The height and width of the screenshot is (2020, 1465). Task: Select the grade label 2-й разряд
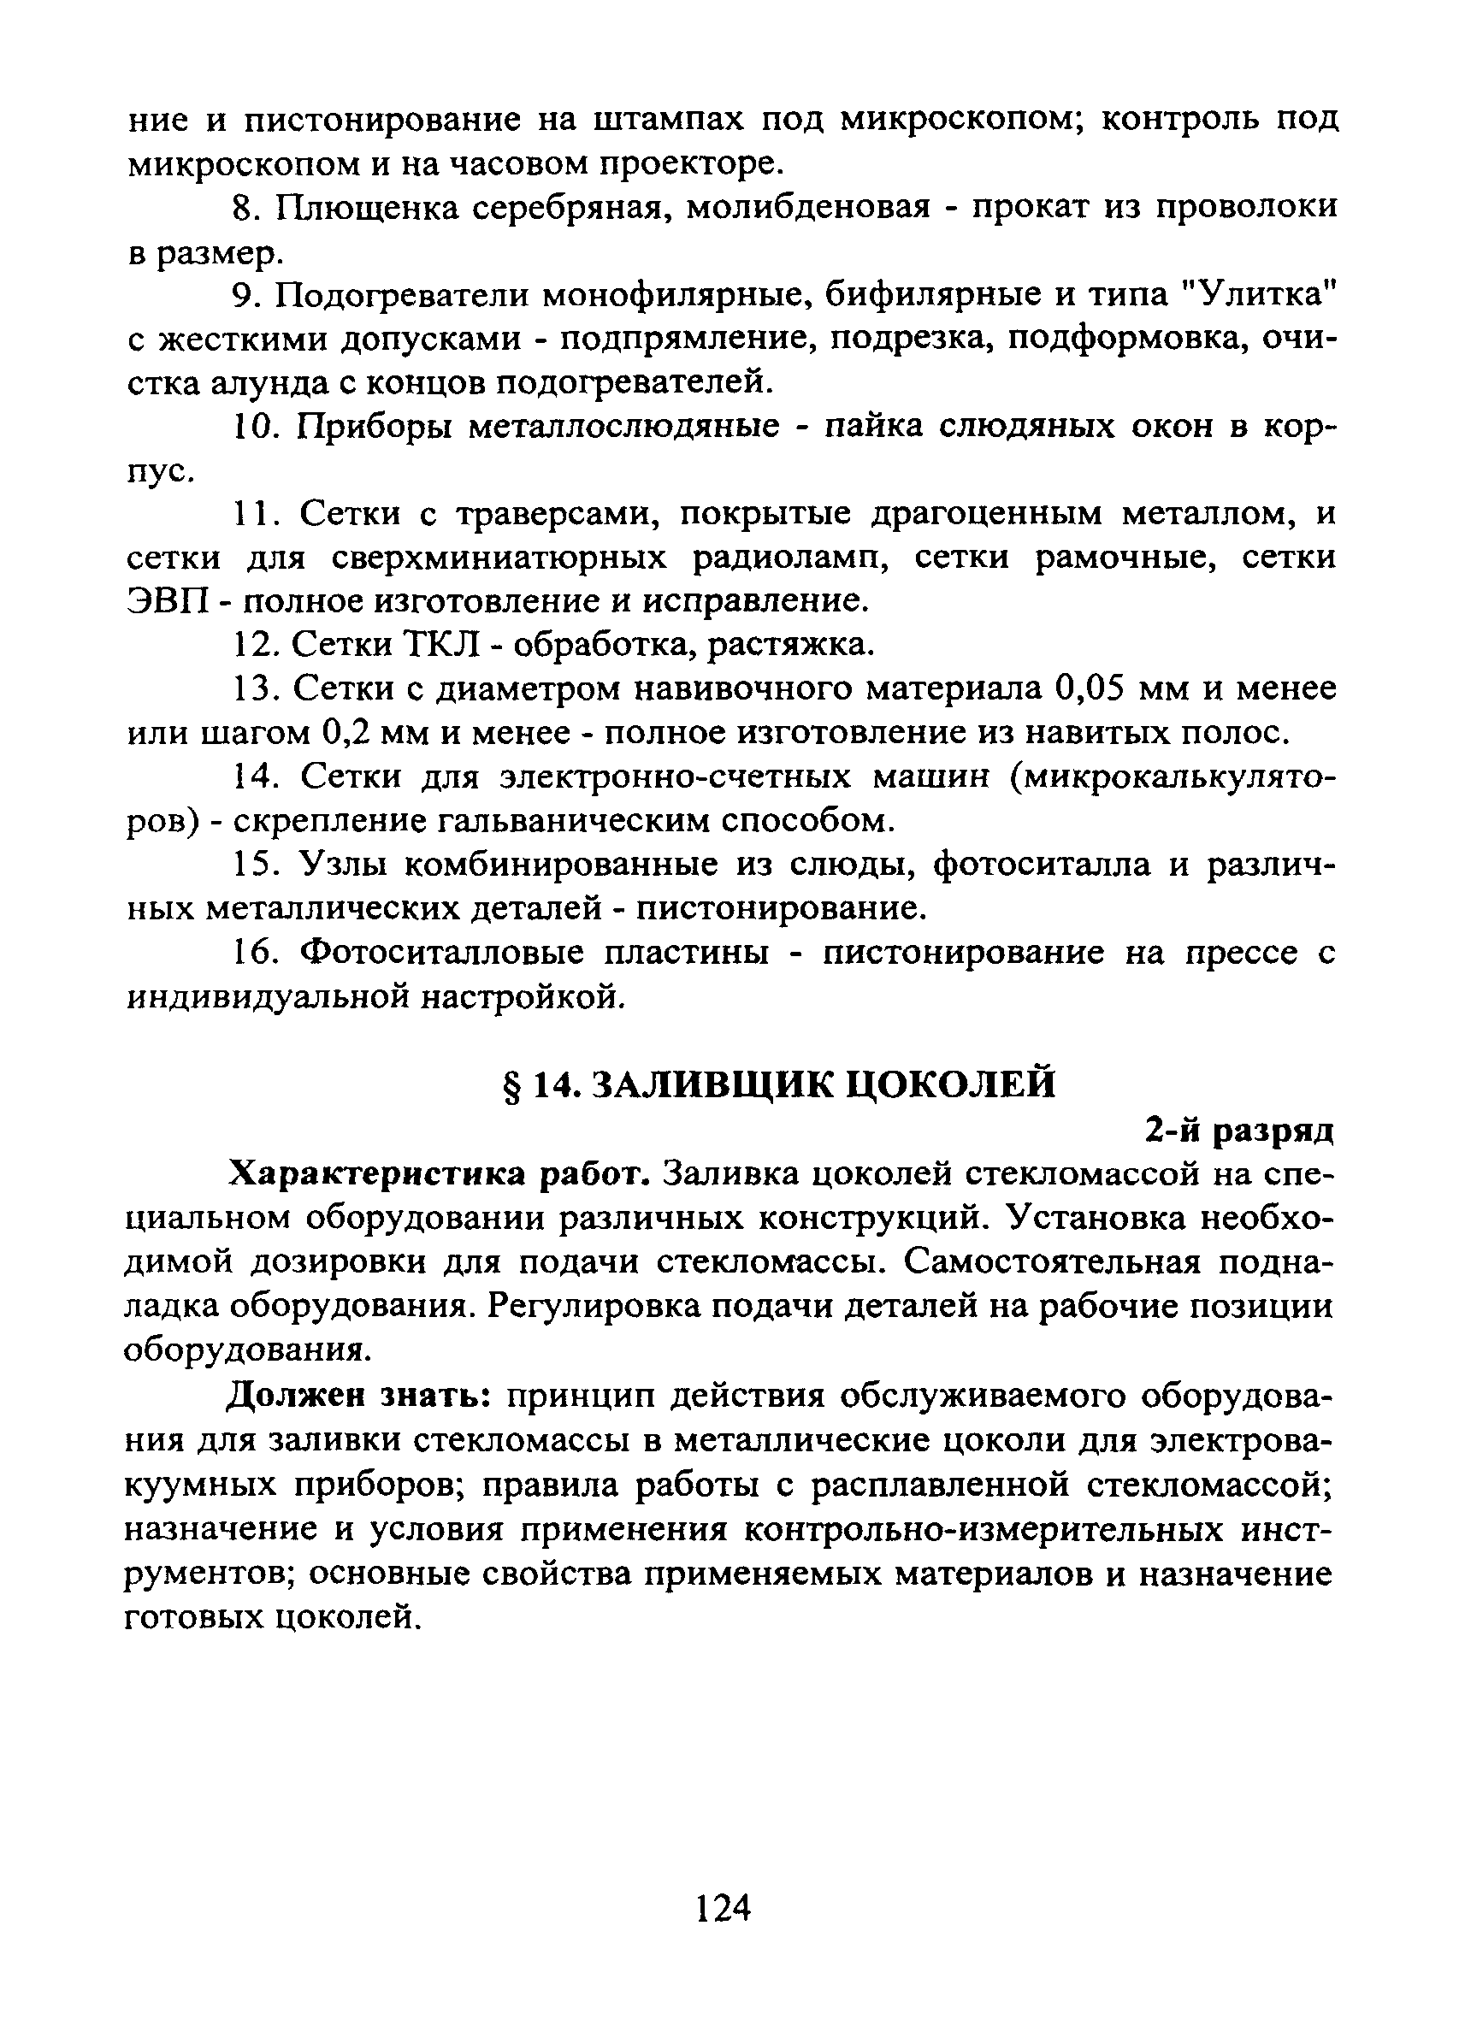click(x=1240, y=1131)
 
